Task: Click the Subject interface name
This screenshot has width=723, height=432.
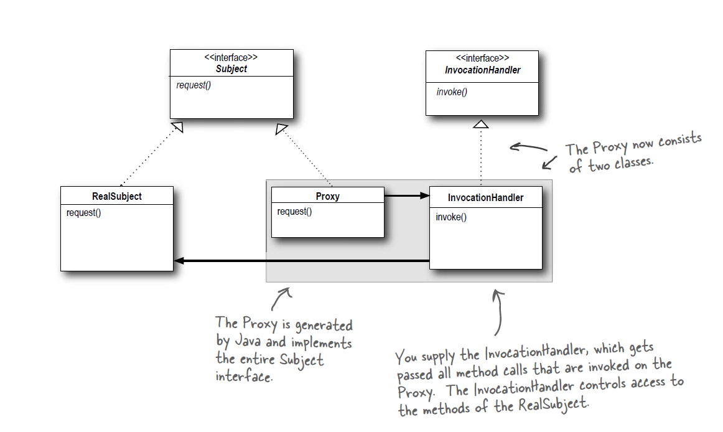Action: coord(231,69)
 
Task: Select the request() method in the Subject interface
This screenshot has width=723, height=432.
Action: coord(194,85)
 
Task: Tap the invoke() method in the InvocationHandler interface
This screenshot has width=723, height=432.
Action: coord(452,92)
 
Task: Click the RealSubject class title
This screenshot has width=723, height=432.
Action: coord(117,196)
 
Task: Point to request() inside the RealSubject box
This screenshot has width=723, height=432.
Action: coord(83,212)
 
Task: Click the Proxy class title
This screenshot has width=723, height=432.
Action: coord(328,196)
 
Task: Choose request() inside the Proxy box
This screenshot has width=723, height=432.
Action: coord(294,212)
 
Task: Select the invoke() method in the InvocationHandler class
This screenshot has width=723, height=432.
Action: coord(451,217)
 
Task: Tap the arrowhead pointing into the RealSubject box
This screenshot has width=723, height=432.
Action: coord(179,261)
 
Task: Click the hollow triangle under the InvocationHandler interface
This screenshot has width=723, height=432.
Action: coord(481,124)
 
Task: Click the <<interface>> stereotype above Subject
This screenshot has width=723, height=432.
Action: coord(231,57)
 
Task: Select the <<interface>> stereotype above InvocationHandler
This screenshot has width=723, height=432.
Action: coord(482,57)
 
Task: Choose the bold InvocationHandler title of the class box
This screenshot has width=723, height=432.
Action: coord(485,198)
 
